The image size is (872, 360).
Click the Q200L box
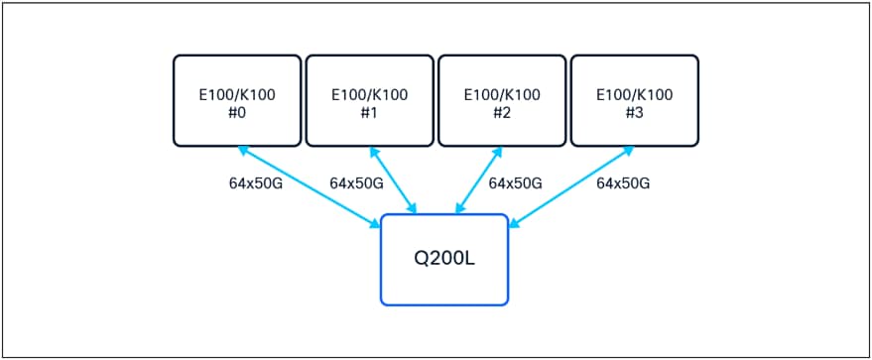tap(444, 259)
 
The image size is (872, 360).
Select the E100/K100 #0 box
tap(237, 99)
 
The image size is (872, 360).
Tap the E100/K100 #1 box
tap(369, 99)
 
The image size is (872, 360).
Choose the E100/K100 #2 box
tap(502, 99)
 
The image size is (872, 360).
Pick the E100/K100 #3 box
tap(634, 99)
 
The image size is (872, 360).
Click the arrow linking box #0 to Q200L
tap(310, 187)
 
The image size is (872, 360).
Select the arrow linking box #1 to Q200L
tap(393, 180)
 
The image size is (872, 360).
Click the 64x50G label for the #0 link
tap(255, 183)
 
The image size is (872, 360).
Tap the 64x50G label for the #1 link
tap(356, 183)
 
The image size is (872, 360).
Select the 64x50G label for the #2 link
tap(516, 183)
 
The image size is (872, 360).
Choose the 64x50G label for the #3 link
tap(623, 183)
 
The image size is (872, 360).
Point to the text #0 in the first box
tap(237, 112)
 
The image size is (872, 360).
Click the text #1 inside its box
tap(369, 112)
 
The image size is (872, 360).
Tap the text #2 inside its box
tap(502, 112)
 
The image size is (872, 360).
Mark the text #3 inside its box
tap(634, 112)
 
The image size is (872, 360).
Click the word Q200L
tap(444, 258)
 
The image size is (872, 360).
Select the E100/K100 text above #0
tap(237, 95)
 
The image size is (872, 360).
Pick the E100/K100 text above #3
tap(634, 95)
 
